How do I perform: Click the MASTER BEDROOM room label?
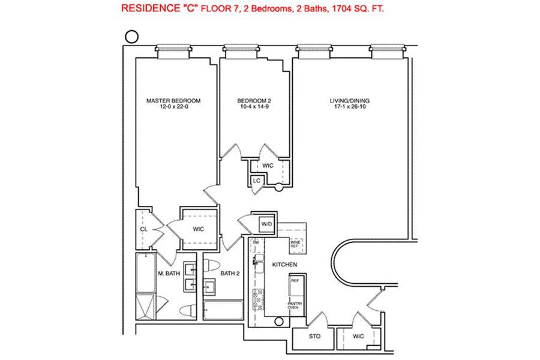pos(173,100)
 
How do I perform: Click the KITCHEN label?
pos(284,265)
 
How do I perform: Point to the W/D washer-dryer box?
pos(266,224)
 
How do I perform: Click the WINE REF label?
pos(295,244)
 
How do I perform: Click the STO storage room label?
pos(314,337)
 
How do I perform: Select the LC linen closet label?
pos(256,180)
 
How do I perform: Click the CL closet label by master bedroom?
pos(144,229)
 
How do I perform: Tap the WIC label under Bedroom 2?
pos(268,165)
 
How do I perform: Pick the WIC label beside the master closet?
pos(199,229)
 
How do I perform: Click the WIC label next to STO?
pos(359,337)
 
